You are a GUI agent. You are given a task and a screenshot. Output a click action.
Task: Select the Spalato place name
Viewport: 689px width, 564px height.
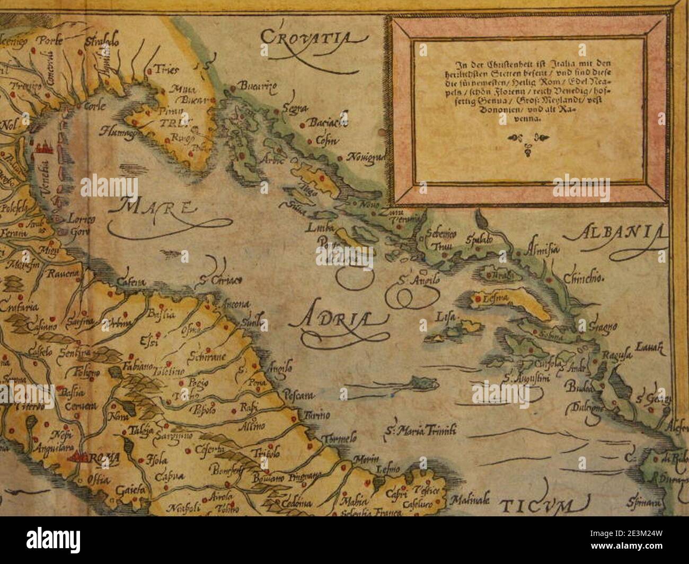click(x=480, y=239)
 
